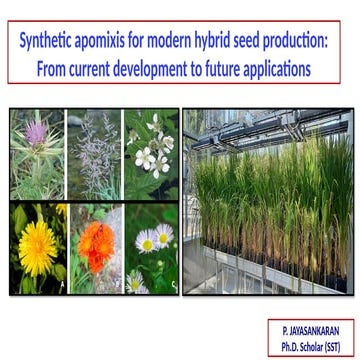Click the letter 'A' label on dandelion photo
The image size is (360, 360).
pyautogui.click(x=59, y=286)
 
